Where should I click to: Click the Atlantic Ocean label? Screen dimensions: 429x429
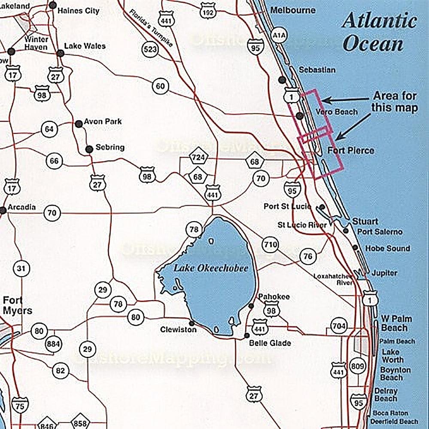379,33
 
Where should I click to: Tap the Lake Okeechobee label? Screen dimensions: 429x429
211,268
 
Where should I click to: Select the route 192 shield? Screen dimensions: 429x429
208,13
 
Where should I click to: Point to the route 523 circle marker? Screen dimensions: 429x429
150,49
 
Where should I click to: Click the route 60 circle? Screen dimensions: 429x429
160,86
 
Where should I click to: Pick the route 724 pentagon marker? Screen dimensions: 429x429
198,158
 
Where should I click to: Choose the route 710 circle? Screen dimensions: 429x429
270,245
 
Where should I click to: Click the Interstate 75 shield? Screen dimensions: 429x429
20,405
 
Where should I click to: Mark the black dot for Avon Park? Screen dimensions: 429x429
79,124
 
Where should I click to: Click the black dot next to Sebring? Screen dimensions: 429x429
89,149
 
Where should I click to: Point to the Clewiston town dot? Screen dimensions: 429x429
191,323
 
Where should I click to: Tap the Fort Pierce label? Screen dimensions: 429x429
350,151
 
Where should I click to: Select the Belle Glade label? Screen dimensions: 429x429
270,343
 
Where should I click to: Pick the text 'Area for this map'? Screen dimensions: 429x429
394,102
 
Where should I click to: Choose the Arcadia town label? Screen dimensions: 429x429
21,207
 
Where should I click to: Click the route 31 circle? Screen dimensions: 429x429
21,269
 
